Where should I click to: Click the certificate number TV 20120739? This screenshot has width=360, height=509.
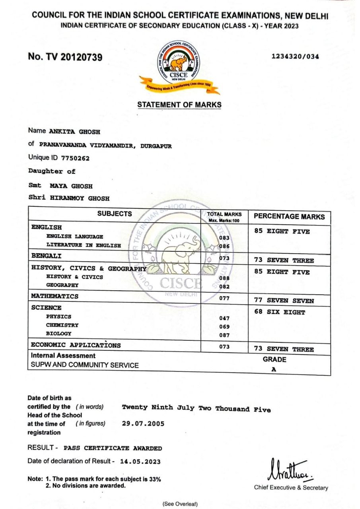pos(65,57)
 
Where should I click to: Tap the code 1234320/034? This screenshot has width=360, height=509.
pos(295,56)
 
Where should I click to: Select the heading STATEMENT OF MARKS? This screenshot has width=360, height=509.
pos(179,105)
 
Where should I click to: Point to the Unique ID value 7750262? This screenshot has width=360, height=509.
pos(75,158)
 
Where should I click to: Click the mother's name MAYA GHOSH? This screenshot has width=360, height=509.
pos(72,186)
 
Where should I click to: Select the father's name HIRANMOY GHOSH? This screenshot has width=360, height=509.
pos(80,198)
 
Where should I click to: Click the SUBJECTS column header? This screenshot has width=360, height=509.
pos(115,214)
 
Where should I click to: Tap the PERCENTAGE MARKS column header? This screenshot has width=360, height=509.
pos(289,217)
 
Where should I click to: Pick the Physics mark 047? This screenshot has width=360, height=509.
pos(224,319)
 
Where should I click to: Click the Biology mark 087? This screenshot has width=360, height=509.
pos(224,335)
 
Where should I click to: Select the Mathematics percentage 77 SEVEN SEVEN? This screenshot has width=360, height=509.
pos(284,301)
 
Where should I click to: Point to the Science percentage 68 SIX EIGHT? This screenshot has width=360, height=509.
pos(280,312)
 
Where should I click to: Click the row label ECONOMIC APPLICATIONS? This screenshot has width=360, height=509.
pos(76,345)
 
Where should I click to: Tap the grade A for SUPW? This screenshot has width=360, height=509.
pos(274,369)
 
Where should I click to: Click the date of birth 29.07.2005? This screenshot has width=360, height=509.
pos(143,424)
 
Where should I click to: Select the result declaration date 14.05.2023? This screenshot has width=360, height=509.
pos(140,462)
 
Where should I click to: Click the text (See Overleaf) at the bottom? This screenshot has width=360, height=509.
pos(180,504)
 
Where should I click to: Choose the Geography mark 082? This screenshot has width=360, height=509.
pos(224,287)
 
